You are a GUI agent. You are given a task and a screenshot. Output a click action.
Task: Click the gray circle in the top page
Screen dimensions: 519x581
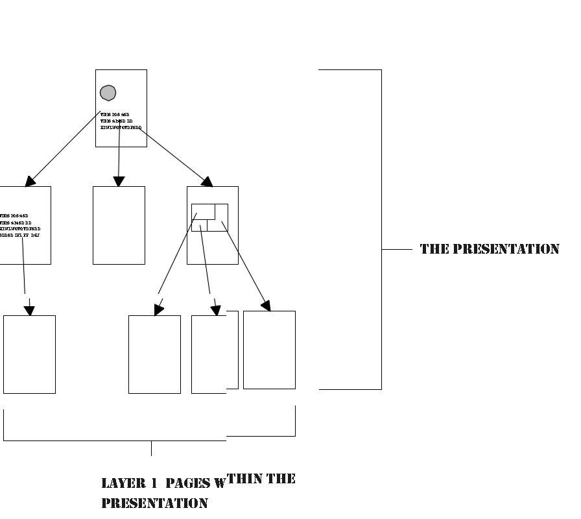tap(108, 93)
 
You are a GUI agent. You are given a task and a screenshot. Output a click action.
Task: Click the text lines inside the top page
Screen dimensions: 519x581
tap(120, 121)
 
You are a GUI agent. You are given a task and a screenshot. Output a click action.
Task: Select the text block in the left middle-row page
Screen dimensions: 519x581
tap(20, 225)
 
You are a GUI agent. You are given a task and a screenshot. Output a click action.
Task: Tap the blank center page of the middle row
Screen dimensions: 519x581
tap(119, 225)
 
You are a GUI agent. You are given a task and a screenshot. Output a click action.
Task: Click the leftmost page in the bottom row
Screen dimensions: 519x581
tap(29, 354)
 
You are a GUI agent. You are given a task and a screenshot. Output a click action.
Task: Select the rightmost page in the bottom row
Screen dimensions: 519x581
tap(269, 350)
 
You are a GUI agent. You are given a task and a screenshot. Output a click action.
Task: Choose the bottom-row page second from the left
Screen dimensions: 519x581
tap(154, 354)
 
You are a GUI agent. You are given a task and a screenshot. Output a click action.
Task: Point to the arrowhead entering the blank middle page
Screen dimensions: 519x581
tap(118, 181)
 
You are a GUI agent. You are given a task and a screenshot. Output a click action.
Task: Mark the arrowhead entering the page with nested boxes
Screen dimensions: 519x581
tap(207, 182)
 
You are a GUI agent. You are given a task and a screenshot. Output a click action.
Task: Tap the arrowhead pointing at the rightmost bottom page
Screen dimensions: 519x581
tap(266, 305)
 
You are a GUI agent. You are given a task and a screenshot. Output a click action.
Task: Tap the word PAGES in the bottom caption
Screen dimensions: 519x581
tap(187, 483)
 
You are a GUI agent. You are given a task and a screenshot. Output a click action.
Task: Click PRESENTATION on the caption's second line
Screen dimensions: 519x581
tap(154, 503)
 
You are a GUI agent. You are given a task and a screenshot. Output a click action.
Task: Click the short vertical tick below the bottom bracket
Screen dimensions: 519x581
tap(152, 448)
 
